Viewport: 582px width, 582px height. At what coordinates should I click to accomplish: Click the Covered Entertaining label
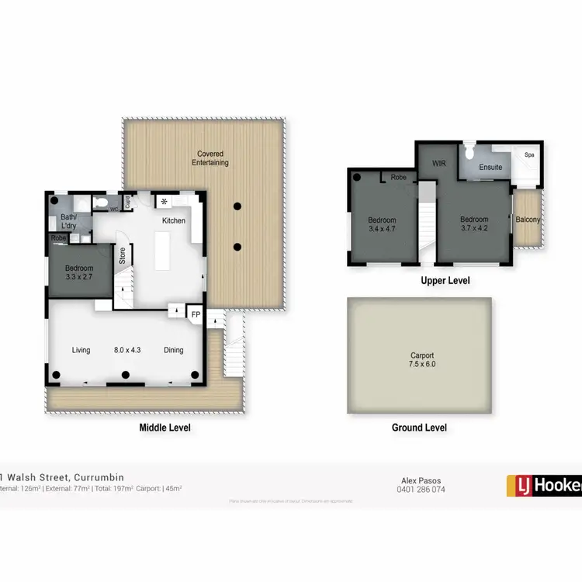[212, 158]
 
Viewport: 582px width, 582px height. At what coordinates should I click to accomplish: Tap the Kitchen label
[173, 221]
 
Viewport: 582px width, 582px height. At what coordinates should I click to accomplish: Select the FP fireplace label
[195, 315]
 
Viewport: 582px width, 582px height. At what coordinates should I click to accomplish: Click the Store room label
[122, 255]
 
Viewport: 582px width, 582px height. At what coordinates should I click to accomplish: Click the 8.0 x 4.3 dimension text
[127, 350]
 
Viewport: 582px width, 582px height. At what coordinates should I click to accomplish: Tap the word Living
[81, 350]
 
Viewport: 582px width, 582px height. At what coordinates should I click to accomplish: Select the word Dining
[174, 350]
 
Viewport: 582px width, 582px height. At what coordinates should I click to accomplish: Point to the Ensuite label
[490, 167]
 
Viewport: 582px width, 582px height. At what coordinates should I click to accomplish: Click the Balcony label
[528, 220]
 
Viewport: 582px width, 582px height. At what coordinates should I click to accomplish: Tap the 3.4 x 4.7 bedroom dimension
[382, 229]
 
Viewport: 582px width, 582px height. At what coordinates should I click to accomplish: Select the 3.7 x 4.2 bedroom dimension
[473, 229]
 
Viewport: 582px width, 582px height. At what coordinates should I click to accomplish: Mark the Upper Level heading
[445, 280]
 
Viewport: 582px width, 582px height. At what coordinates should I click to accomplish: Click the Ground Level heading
[418, 428]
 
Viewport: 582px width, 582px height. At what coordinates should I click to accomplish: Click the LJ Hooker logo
[544, 485]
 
